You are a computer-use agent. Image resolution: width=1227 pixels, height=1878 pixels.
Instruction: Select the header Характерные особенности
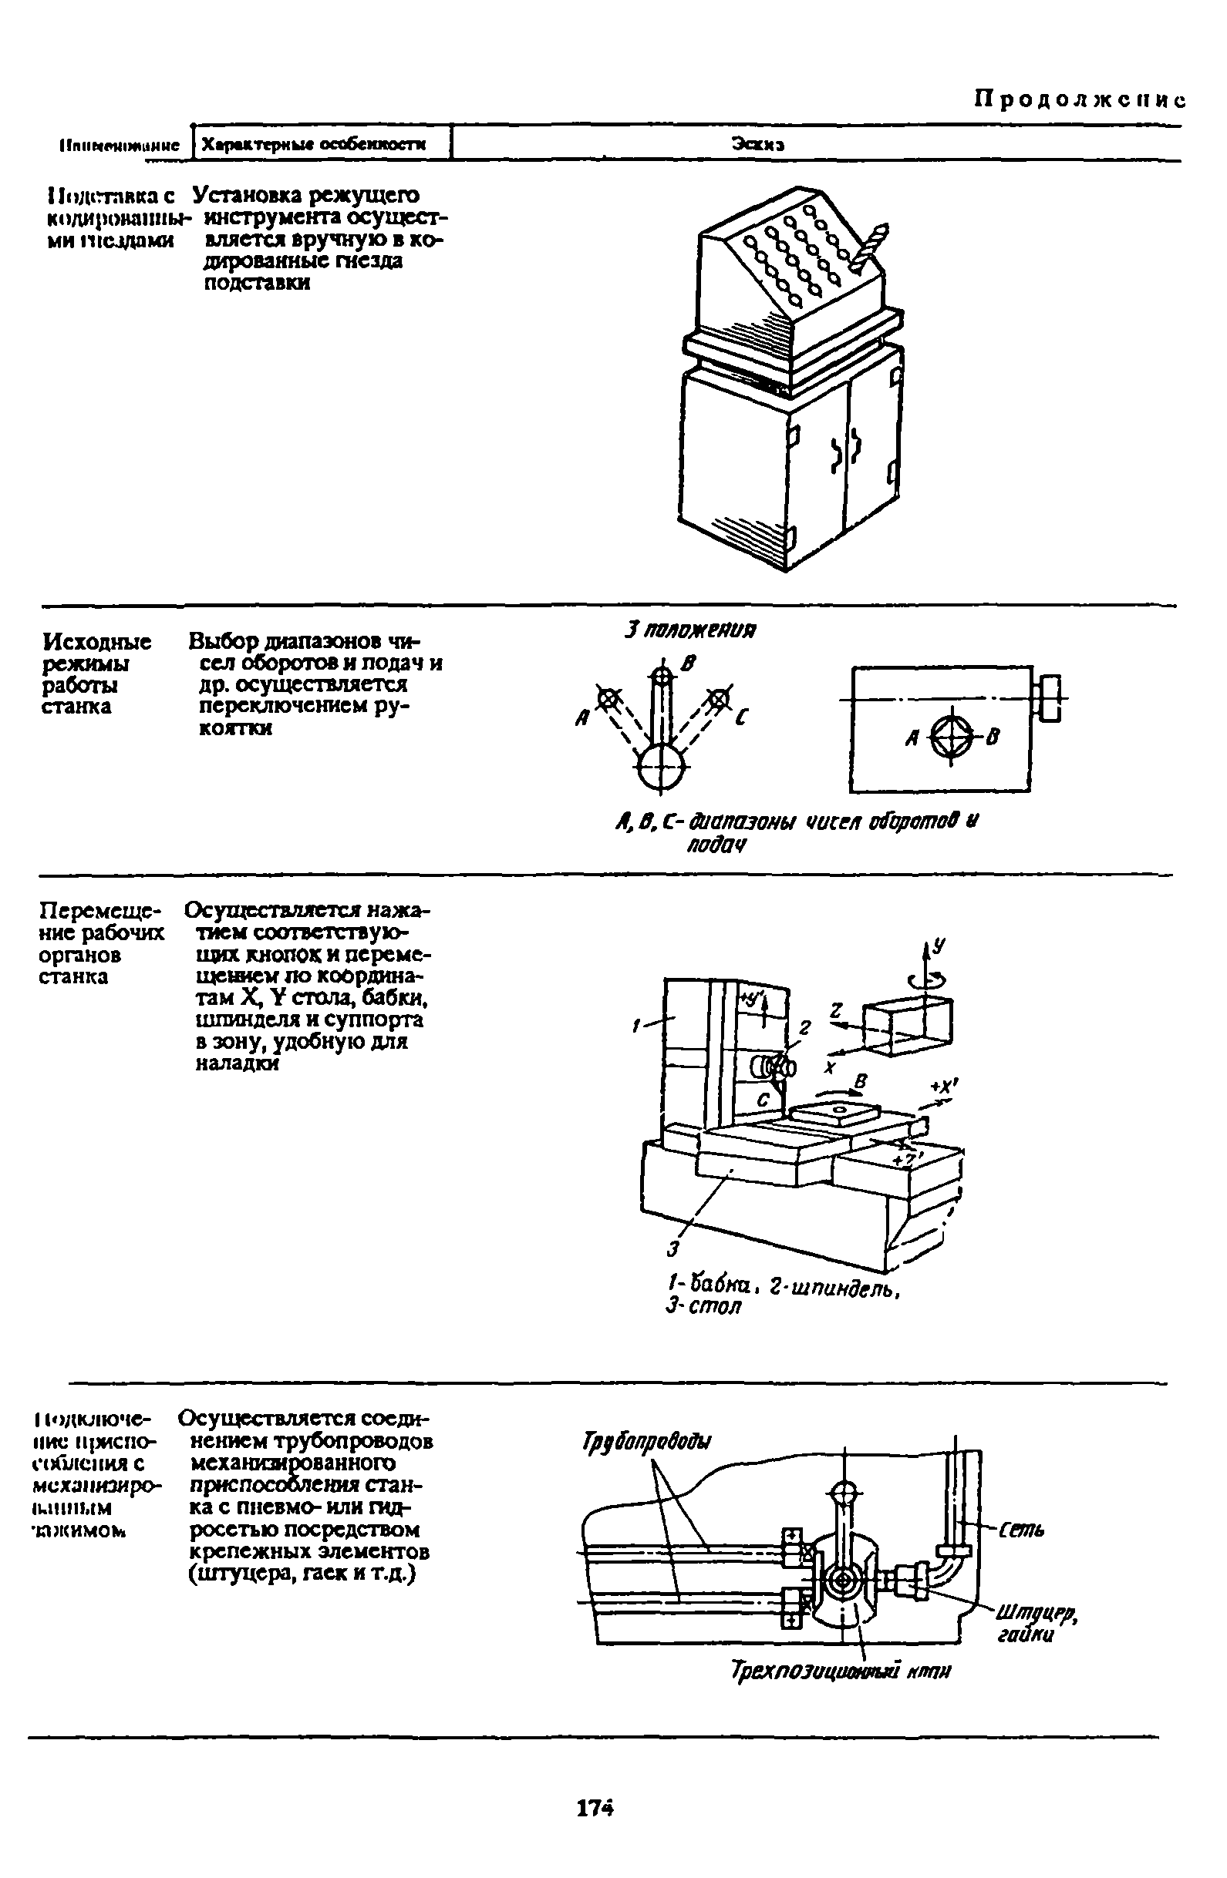[x=313, y=144]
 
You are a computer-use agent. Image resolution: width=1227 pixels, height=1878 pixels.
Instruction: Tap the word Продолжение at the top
[x=1079, y=99]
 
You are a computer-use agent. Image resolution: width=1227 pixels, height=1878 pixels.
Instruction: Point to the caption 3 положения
[x=689, y=630]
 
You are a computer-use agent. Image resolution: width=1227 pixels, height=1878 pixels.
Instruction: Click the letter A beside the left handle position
[x=583, y=719]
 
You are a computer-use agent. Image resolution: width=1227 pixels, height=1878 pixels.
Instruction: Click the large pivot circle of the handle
[x=662, y=767]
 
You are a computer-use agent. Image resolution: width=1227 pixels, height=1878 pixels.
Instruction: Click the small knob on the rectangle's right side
[x=1051, y=697]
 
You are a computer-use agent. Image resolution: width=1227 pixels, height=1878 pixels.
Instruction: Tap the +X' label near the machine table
[x=943, y=1087]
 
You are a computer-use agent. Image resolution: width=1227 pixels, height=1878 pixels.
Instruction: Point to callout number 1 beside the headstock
[x=635, y=1026]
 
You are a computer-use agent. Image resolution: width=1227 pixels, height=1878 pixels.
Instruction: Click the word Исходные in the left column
[x=97, y=641]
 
